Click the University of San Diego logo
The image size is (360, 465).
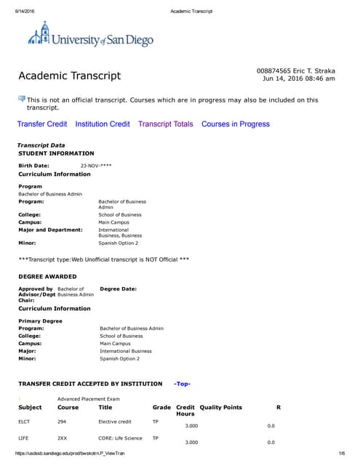90,37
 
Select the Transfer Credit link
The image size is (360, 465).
42,124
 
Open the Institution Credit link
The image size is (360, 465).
103,124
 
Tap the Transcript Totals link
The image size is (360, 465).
166,124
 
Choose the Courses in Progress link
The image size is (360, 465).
236,124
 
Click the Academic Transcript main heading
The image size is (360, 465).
69,76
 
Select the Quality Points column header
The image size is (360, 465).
220,408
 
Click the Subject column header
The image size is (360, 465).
30,408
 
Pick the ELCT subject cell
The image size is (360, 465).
25,421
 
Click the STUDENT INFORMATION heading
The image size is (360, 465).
56,153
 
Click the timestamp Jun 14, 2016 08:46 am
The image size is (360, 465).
299,78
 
